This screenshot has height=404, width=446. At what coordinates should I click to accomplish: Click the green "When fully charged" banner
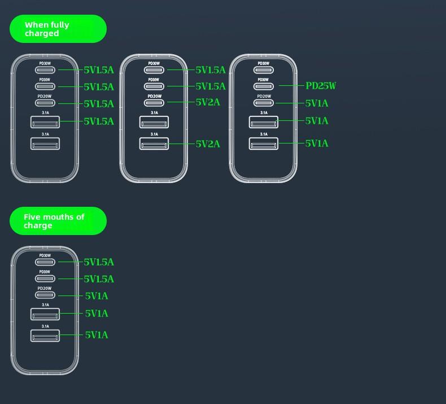[58, 29]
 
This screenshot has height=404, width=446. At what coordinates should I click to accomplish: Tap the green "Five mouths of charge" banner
[58, 221]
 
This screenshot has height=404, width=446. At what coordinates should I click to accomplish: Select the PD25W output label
[321, 86]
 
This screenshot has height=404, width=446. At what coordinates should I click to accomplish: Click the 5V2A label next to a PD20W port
[208, 102]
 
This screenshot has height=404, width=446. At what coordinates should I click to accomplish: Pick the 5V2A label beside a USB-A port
[208, 144]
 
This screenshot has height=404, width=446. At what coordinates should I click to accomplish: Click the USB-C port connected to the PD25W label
[264, 86]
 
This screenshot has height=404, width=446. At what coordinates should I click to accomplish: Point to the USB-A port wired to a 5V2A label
[154, 144]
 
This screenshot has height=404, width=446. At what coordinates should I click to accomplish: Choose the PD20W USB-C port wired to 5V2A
[154, 103]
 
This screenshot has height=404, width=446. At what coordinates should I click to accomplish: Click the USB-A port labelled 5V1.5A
[45, 121]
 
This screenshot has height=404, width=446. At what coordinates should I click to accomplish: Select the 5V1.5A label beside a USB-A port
[99, 121]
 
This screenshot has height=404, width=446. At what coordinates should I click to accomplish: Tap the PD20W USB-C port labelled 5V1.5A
[45, 104]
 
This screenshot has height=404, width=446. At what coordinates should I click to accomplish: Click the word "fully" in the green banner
[59, 25]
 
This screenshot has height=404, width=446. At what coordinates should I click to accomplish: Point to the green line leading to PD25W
[291, 86]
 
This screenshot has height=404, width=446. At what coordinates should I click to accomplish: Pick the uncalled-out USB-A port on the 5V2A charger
[154, 121]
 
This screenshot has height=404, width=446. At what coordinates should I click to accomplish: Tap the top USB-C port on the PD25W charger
[264, 70]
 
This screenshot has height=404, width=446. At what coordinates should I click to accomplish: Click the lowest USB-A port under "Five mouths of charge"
[45, 336]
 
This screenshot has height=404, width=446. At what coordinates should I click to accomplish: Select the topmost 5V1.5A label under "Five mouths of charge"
[99, 262]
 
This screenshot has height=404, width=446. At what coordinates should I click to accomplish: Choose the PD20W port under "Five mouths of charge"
[45, 296]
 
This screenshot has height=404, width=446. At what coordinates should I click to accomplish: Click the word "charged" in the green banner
[42, 33]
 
